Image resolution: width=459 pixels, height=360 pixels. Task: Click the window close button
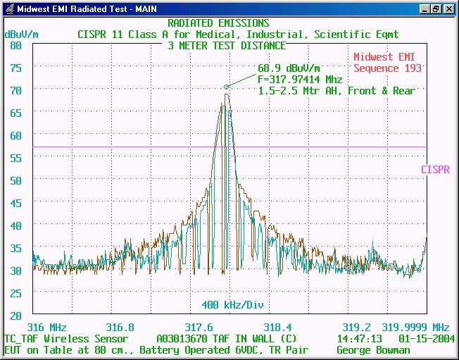coord(448,9)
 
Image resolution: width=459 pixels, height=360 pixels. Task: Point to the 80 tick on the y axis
coord(15,45)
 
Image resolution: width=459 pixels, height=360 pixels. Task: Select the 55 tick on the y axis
coord(15,158)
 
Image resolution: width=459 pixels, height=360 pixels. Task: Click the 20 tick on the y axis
coord(15,316)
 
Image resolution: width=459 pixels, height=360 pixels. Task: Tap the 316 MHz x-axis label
coord(46,328)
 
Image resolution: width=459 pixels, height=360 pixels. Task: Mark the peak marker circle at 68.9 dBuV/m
coord(227,87)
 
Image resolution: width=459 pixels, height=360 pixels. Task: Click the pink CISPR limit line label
coord(435,170)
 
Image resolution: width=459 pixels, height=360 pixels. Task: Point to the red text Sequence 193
coord(387,68)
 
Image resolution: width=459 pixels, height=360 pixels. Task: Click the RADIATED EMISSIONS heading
coord(218,24)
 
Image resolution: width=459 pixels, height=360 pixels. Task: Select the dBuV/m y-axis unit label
coord(22,34)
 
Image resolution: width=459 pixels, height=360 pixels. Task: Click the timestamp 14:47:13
coord(361,339)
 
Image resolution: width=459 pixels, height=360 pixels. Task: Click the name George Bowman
coord(373,350)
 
